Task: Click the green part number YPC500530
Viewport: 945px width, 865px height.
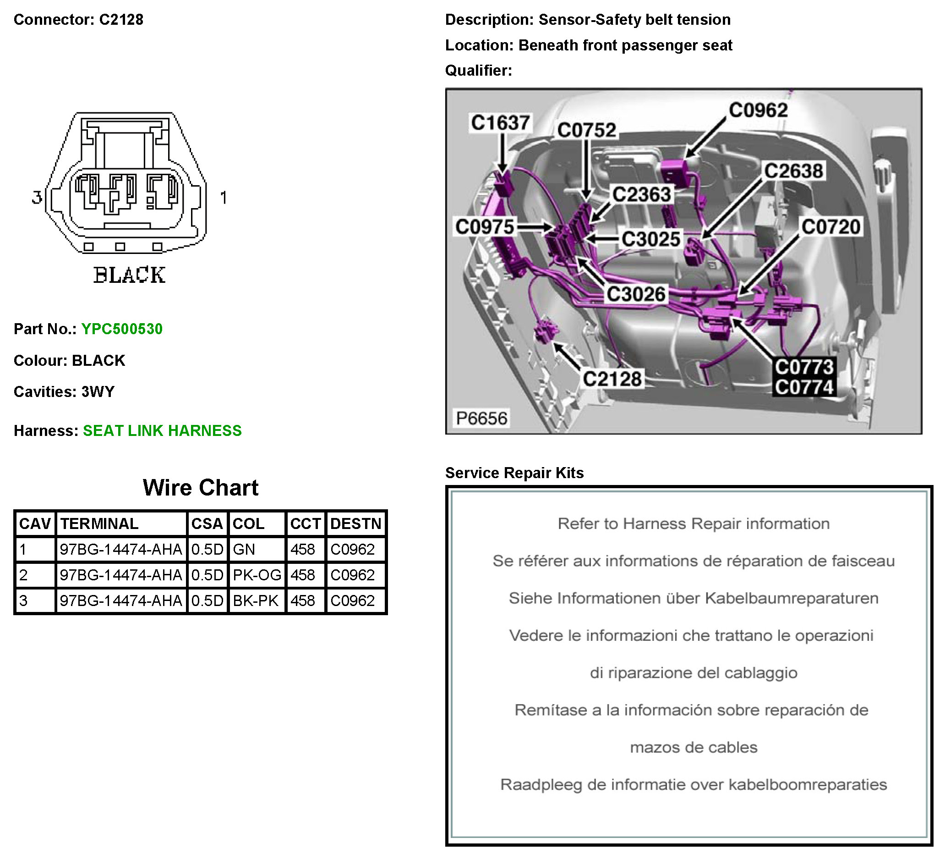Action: [122, 329]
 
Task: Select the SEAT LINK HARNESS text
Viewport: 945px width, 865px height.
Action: [162, 430]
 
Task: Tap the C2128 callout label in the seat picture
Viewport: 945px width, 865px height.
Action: [612, 379]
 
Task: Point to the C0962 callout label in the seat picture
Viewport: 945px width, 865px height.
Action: [758, 110]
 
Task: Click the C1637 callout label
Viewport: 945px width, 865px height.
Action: [500, 123]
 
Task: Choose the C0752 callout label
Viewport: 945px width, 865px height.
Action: [586, 130]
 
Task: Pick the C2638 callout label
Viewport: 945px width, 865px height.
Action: [793, 171]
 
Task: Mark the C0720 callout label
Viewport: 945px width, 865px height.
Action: [830, 226]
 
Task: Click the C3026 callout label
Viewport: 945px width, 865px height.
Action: [636, 294]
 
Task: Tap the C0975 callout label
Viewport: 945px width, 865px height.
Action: [485, 226]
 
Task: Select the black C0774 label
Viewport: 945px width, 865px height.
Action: [804, 387]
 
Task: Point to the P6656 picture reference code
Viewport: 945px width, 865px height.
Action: [481, 418]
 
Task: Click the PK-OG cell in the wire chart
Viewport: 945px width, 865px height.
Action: [257, 575]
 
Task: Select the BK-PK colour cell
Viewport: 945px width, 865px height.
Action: [256, 601]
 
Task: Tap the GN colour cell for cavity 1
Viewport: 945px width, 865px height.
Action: [244, 549]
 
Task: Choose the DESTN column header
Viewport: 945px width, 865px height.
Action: [355, 523]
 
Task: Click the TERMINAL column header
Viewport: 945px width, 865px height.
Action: [99, 523]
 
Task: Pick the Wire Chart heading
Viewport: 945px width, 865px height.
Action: [200, 488]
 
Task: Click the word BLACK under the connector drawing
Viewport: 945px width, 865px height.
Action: [129, 275]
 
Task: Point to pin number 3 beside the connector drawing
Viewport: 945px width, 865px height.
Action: [37, 197]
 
